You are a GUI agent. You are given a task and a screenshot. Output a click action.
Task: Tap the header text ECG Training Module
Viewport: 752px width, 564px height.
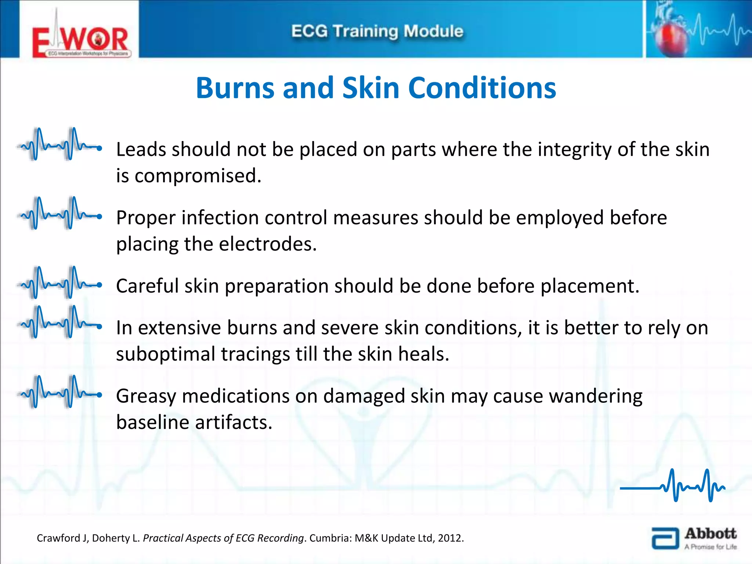[x=377, y=32]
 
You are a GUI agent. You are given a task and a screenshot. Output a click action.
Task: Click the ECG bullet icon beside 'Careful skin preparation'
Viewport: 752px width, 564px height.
[x=59, y=282]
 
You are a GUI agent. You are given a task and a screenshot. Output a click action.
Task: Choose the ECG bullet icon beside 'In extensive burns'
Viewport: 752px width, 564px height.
[x=59, y=322]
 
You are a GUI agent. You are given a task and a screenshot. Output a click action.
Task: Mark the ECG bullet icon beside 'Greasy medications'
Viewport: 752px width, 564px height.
[x=59, y=391]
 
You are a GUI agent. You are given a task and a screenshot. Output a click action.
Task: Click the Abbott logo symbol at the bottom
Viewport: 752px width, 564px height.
[x=665, y=538]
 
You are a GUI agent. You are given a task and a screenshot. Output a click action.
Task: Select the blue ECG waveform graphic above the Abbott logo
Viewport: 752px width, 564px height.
[x=673, y=485]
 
